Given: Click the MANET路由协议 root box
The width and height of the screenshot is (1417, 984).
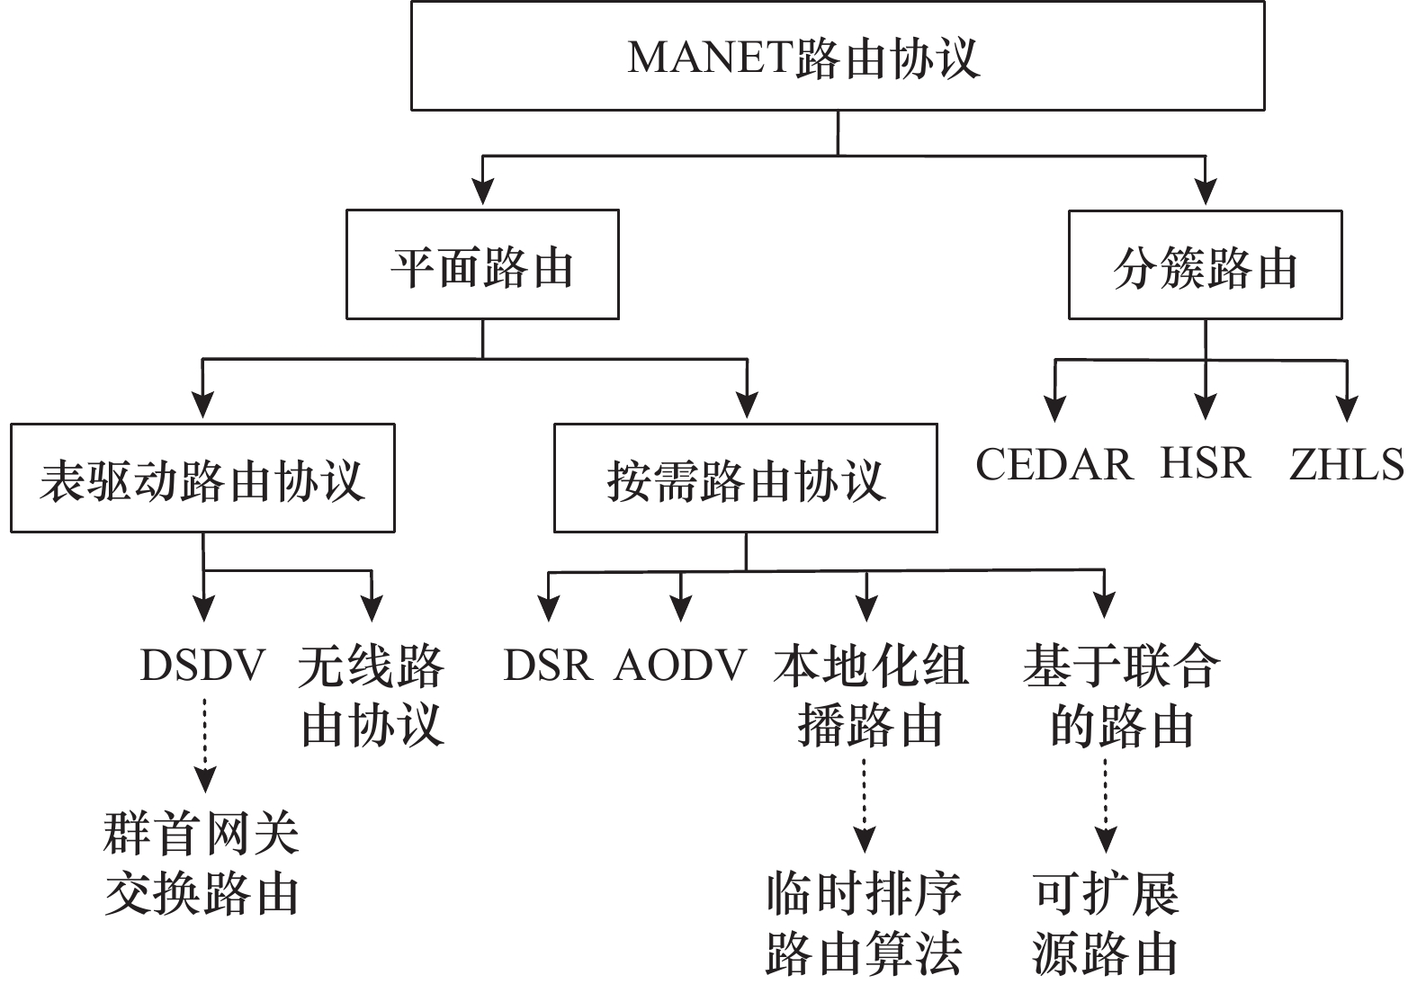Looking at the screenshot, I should click(838, 56).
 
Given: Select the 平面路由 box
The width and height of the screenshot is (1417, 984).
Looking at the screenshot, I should click(482, 265).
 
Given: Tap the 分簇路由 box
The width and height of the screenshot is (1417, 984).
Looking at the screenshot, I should click(1205, 265).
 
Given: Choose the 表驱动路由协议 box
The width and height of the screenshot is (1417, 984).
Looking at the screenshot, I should click(202, 479).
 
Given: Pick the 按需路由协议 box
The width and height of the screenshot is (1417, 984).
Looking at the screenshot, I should click(745, 479).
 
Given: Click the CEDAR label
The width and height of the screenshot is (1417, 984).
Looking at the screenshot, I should click(1054, 465).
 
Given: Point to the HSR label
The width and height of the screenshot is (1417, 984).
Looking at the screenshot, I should click(1205, 463).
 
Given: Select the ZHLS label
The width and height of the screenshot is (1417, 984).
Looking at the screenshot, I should click(1346, 465).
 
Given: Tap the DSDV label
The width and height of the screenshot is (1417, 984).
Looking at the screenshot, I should click(203, 666).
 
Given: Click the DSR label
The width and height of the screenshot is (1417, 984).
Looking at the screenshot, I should click(547, 666).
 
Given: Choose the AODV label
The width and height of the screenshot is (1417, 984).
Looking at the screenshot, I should click(681, 666).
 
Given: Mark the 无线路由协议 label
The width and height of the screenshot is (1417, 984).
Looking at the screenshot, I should click(372, 695).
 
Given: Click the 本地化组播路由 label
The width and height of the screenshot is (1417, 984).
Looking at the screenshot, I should click(869, 695).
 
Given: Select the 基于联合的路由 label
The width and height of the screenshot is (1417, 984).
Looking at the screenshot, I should click(1121, 695).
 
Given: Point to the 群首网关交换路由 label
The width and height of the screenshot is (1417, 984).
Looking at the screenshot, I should click(202, 863).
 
